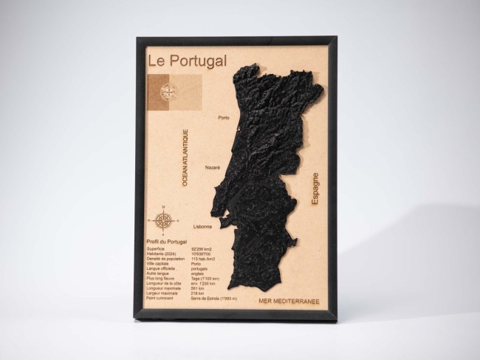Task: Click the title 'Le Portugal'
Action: click(x=187, y=61)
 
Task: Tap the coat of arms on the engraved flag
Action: click(x=168, y=93)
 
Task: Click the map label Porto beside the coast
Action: click(x=224, y=117)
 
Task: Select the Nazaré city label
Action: click(x=213, y=167)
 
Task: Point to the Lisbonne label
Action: click(x=202, y=226)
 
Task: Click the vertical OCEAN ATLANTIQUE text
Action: click(x=185, y=157)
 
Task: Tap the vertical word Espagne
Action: click(x=315, y=189)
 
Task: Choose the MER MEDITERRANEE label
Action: click(x=289, y=302)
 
